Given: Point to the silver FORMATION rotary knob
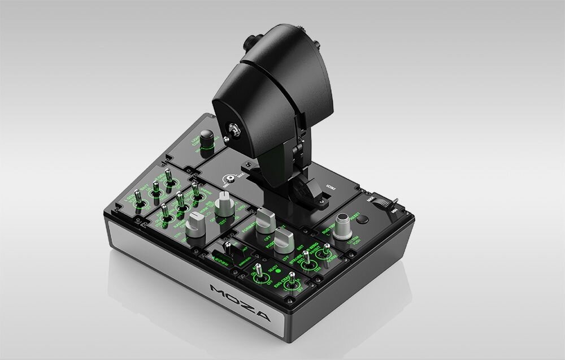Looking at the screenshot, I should pos(264,222).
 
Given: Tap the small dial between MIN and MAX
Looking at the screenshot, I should pos(231,177).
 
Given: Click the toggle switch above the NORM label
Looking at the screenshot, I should pos(326,254).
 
